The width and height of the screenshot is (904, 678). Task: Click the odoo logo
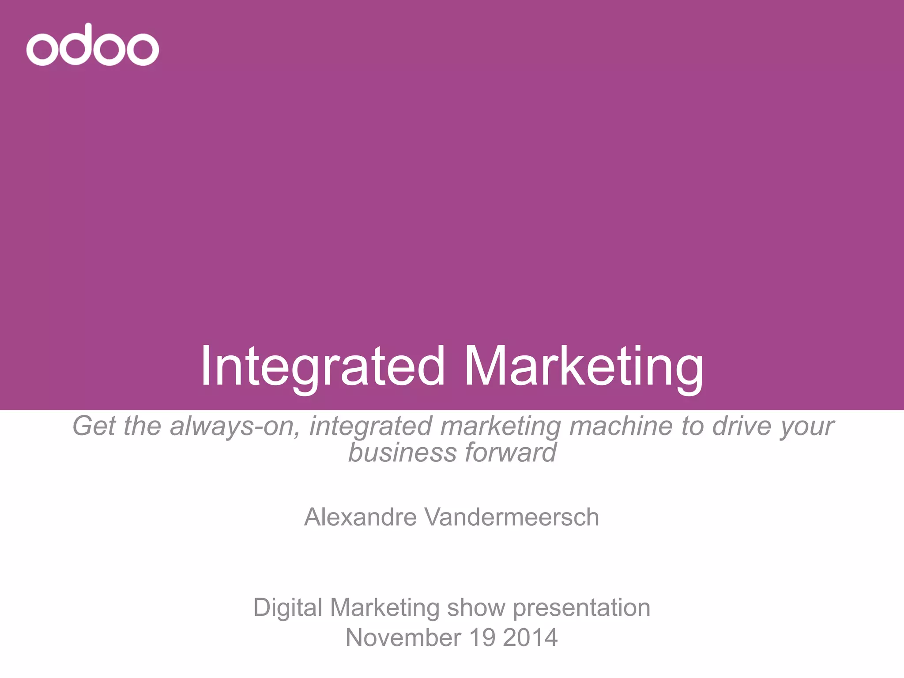point(92,45)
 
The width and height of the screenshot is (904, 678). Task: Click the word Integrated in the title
point(322,366)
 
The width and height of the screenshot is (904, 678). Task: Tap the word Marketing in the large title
point(583,366)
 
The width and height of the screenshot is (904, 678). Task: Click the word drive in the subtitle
point(742,426)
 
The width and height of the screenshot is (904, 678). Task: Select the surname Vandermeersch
point(512,517)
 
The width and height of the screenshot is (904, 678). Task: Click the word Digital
point(288,607)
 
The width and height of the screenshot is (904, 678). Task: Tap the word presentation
point(581,607)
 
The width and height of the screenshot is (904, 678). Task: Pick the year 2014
point(530,637)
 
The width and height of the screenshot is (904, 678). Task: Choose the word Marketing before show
point(384,608)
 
